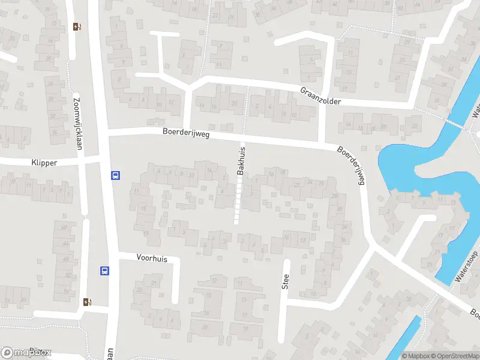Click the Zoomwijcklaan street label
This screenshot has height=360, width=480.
click(x=76, y=118)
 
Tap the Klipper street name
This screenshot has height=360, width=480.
click(x=46, y=163)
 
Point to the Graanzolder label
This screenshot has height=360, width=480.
click(x=320, y=96)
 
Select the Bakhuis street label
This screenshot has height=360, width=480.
click(x=241, y=163)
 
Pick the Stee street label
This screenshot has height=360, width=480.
click(x=286, y=281)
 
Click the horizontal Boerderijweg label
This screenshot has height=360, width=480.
click(x=185, y=134)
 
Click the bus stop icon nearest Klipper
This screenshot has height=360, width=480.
click(x=115, y=176)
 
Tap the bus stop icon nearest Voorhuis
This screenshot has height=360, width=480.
click(x=104, y=271)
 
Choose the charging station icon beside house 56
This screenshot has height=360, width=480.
click(x=88, y=302)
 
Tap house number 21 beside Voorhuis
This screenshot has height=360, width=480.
click(x=154, y=283)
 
